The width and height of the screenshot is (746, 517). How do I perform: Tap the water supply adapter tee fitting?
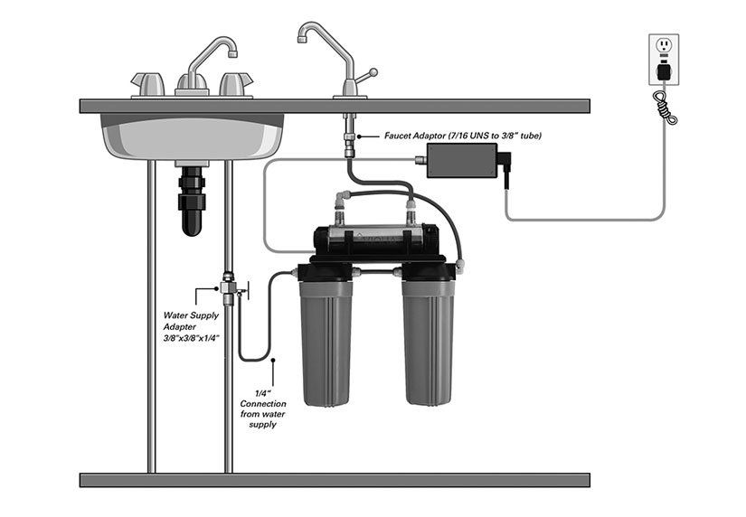coord(228,287)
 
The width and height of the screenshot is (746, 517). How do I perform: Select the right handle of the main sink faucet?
coord(235,83)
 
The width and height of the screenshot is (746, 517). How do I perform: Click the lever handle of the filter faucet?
coord(365,75)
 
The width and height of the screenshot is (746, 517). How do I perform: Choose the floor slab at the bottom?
coord(335,480)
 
